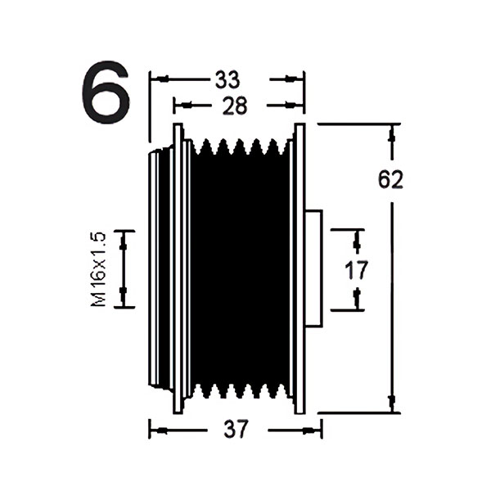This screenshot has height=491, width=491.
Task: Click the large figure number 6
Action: [106, 92]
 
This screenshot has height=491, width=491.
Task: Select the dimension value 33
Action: [227, 79]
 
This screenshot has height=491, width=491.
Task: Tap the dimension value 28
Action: [235, 106]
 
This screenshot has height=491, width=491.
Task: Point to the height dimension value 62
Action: [390, 180]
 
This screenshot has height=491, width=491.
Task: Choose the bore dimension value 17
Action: [356, 270]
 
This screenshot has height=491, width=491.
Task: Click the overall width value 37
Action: [236, 429]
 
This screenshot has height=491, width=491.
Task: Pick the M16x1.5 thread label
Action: [99, 269]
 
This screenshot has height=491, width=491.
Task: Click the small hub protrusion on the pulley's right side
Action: [313, 268]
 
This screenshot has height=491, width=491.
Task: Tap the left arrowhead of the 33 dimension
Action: [163, 79]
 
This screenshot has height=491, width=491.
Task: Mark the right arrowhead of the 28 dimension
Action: [291, 106]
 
